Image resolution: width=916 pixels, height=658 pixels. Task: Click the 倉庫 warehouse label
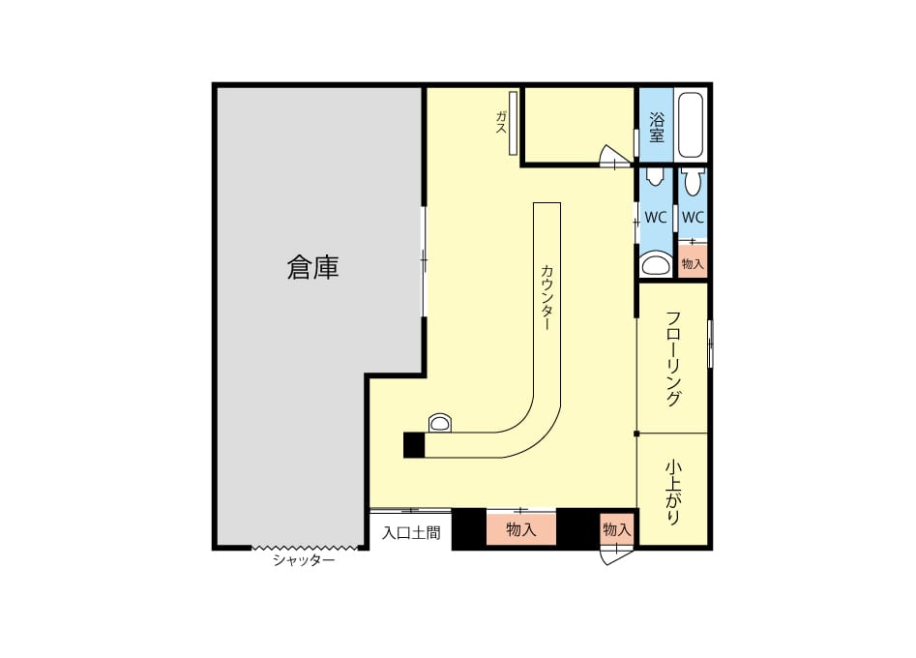tap(312, 268)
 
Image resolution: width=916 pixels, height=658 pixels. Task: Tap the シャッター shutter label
tap(304, 561)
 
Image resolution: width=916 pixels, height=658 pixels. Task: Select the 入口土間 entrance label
tap(411, 533)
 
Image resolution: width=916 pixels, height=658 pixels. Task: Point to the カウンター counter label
tap(547, 297)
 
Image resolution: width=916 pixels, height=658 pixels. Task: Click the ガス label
tap(501, 122)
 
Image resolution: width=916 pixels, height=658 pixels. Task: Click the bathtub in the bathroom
tap(691, 125)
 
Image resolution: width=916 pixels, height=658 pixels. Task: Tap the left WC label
tap(656, 218)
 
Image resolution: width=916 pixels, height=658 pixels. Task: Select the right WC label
tap(693, 218)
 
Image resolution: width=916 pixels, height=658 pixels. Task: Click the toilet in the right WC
tap(693, 182)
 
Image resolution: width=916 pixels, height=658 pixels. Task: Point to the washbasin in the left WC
tap(655, 265)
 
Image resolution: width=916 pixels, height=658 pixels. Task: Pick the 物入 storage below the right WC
tap(693, 260)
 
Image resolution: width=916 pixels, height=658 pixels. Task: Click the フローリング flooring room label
tap(673, 359)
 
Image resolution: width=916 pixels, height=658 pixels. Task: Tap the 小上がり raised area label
tap(673, 493)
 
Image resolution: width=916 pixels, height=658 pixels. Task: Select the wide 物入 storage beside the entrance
tap(521, 528)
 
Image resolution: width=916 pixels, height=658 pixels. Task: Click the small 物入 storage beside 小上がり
tap(617, 529)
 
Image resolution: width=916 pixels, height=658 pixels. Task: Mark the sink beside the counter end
tap(440, 423)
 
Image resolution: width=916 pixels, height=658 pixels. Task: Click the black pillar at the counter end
tap(414, 445)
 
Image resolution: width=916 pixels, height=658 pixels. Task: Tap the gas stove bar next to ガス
tap(513, 123)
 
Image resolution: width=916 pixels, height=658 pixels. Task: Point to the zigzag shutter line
tap(304, 548)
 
